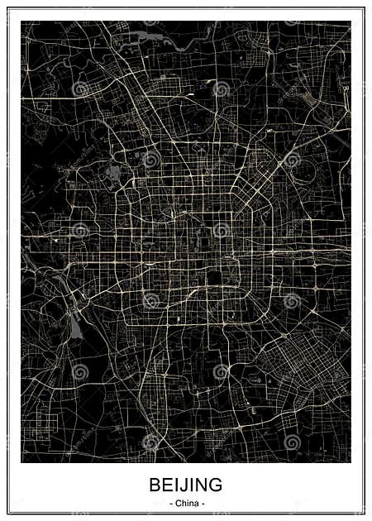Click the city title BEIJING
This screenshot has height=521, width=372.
coord(186,485)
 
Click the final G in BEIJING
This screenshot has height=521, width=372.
coord(216,485)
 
